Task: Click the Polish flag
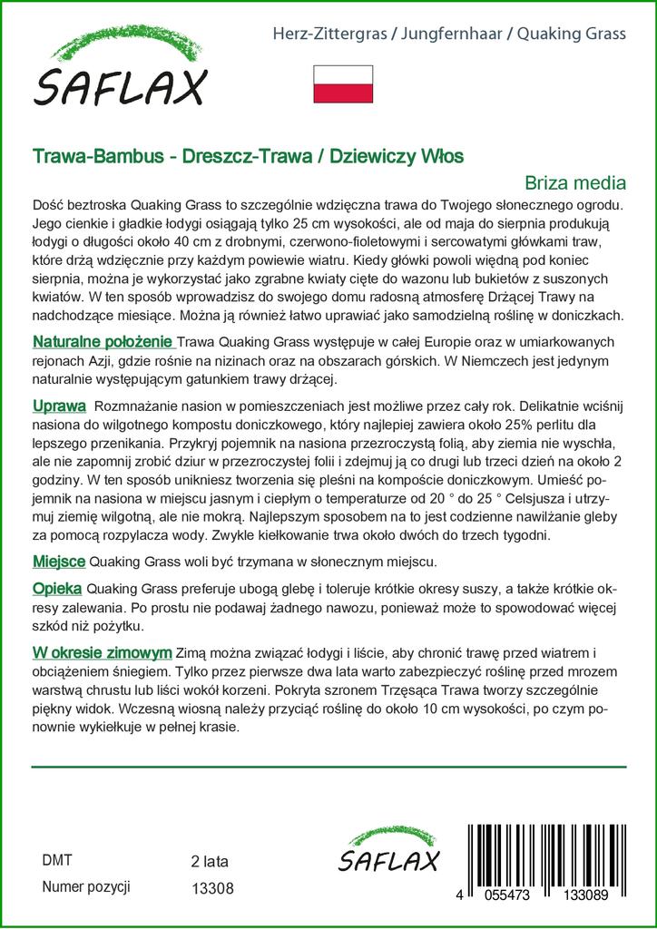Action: point(343,83)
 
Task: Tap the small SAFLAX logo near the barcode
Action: point(388,853)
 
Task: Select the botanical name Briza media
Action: point(576,181)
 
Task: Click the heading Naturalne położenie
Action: point(103,342)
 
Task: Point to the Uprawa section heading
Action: point(59,405)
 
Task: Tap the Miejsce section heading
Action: point(59,562)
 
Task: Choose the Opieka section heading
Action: point(58,588)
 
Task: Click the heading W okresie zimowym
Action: point(103,652)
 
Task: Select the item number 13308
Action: point(212,889)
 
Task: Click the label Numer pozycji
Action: point(87,886)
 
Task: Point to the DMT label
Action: point(57,860)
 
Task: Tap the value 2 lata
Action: point(210,861)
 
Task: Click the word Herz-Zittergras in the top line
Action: point(328,34)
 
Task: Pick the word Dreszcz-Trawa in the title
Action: point(240,156)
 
